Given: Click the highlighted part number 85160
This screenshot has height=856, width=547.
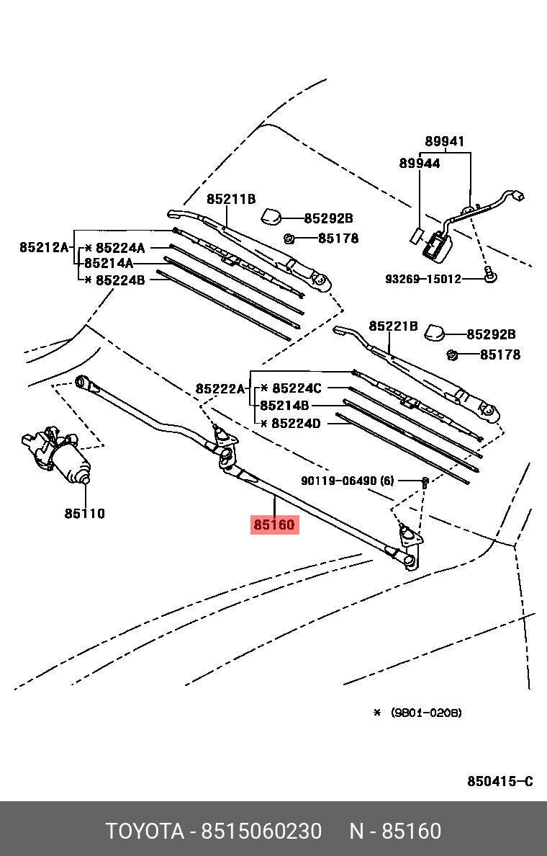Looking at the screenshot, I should tap(274, 525).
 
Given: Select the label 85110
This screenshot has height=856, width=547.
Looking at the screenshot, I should tap(84, 514).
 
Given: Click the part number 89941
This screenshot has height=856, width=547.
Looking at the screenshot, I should tap(444, 142).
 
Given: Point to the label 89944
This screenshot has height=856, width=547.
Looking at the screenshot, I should tap(420, 164).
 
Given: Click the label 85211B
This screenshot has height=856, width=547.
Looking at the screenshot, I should tap(232, 200).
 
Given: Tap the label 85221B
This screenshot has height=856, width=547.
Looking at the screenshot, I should tap(393, 326).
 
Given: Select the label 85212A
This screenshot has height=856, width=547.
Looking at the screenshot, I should tap(43, 247).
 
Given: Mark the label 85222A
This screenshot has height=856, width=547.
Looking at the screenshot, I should tap(220, 388).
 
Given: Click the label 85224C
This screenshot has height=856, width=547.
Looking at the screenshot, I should tap(297, 388).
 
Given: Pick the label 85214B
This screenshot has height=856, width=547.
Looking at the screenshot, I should tap(284, 406).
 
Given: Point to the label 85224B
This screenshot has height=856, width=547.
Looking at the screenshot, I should tap(120, 280).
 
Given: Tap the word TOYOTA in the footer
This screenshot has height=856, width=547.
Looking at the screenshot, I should tap(145, 832).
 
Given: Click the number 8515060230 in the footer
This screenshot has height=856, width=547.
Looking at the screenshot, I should tap(261, 832).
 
